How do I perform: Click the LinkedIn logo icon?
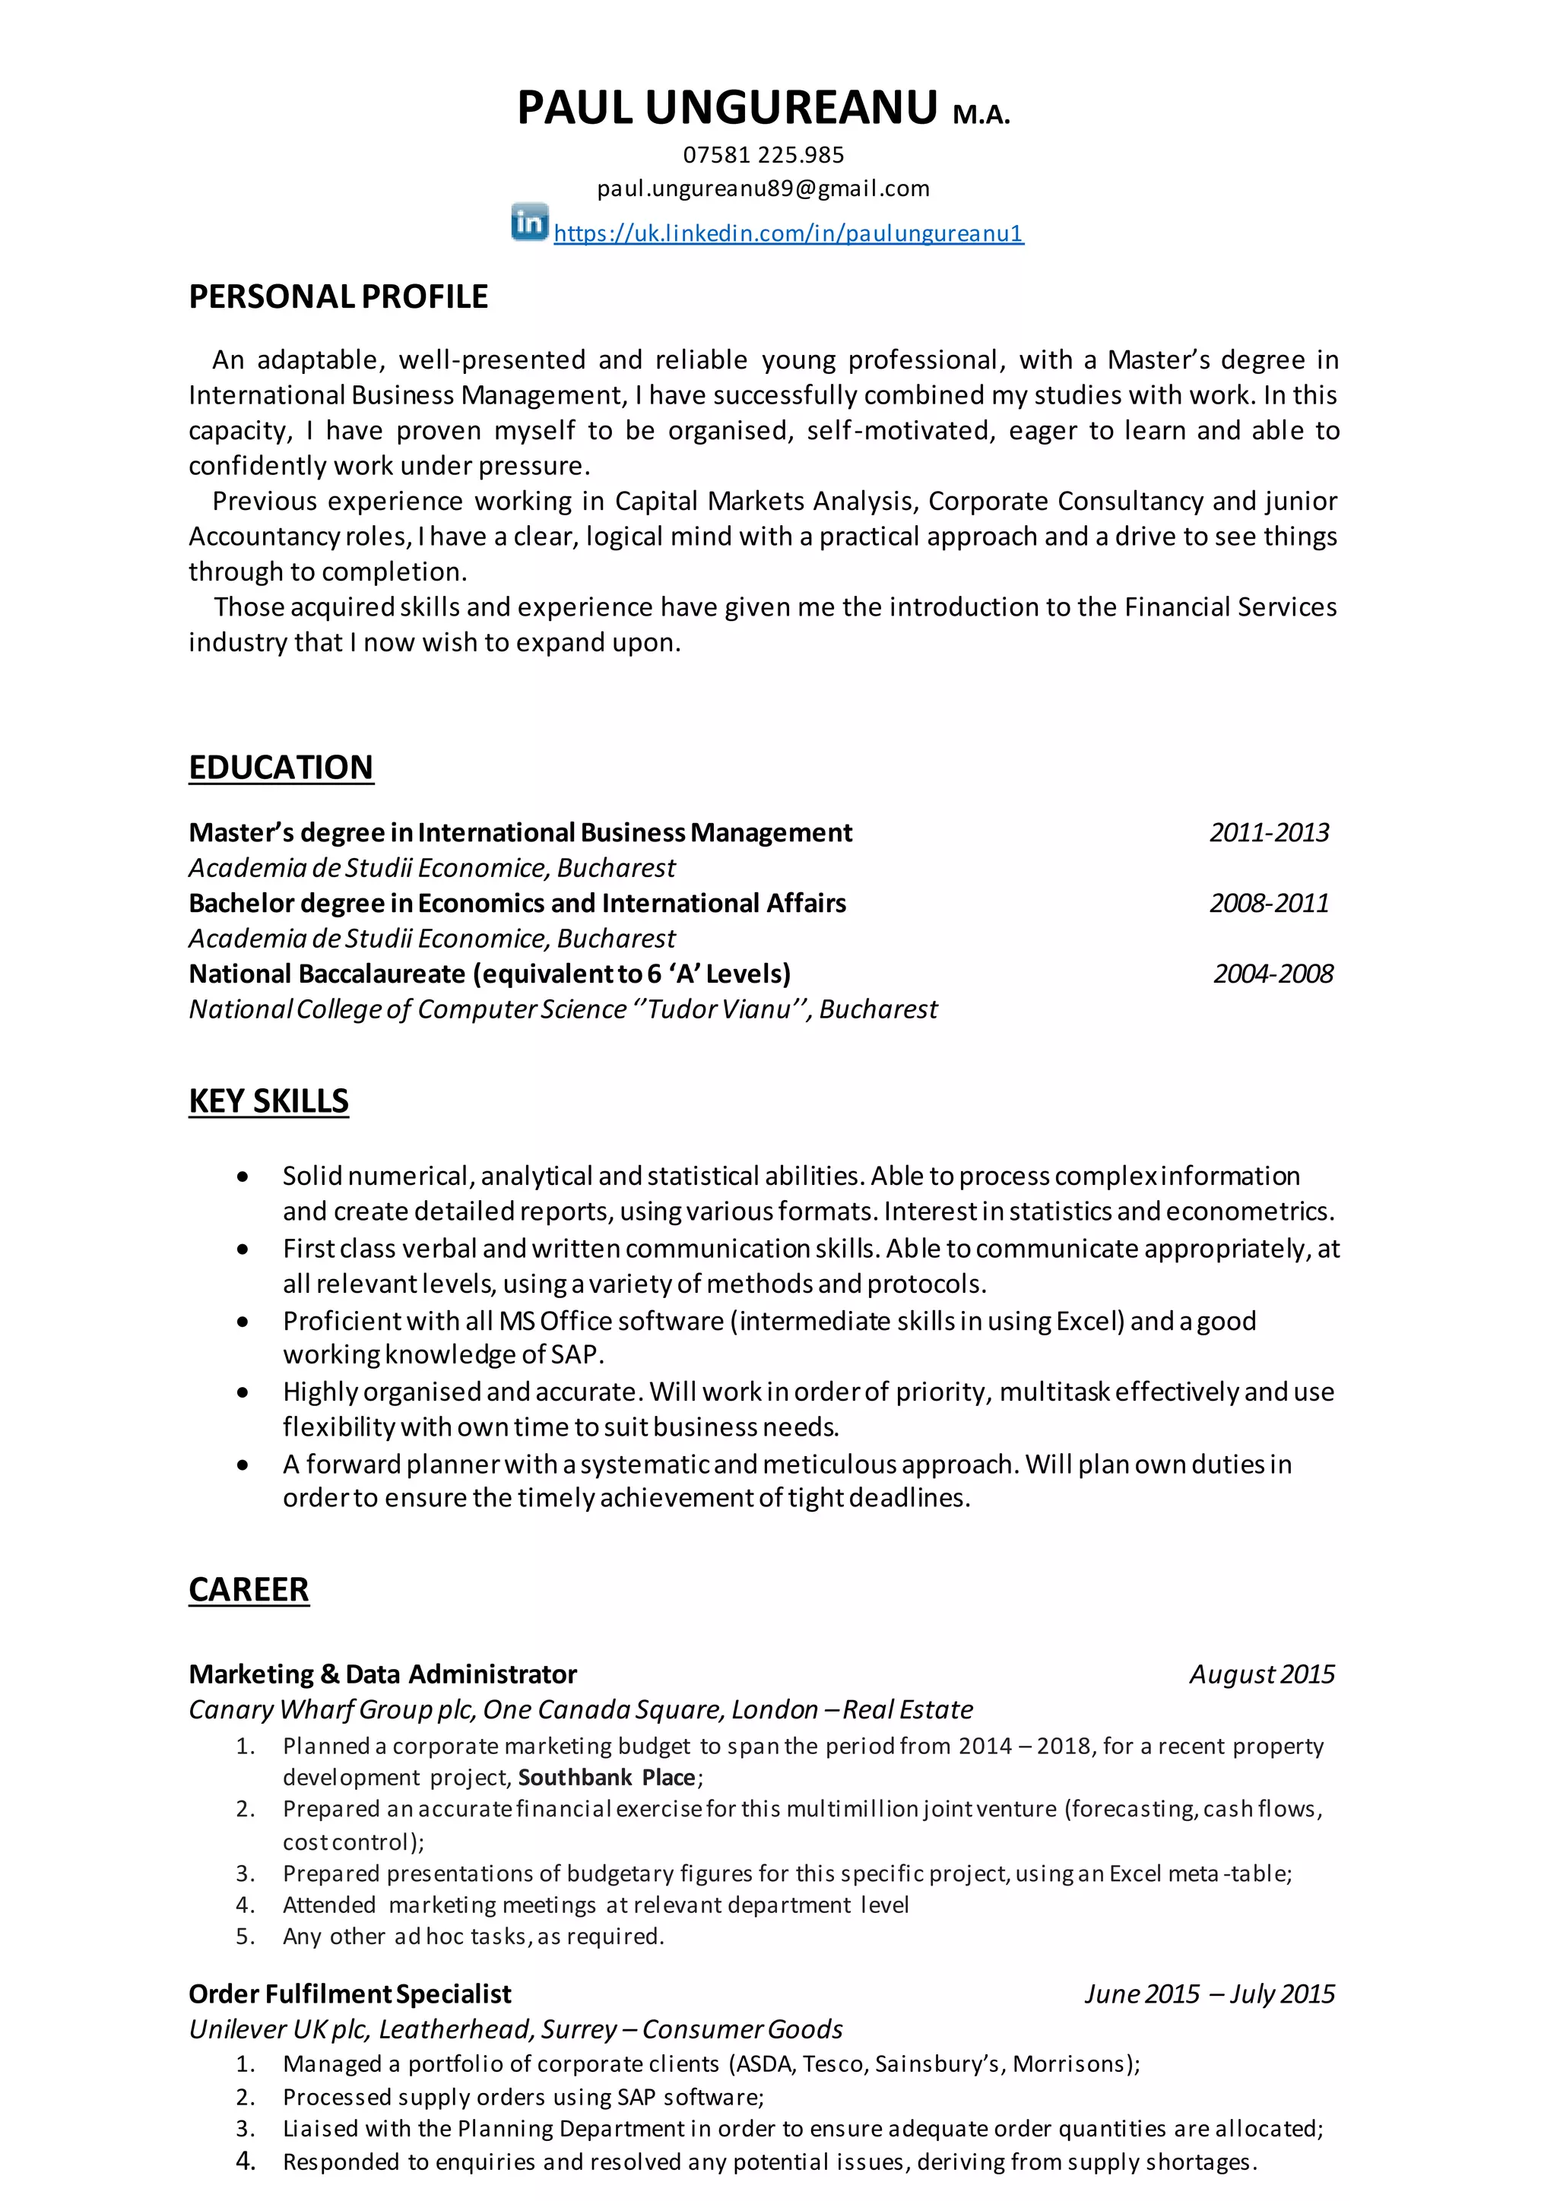(529, 223)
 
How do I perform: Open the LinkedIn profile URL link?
(788, 233)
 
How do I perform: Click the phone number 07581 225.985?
(763, 155)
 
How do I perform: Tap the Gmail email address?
(763, 188)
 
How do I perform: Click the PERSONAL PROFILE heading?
(338, 297)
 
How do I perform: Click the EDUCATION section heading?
(281, 768)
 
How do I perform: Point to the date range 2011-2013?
(1268, 832)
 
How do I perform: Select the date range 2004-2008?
(1272, 974)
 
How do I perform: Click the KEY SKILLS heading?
(268, 1101)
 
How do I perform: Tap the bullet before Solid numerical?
(243, 1177)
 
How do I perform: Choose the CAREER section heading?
(249, 1591)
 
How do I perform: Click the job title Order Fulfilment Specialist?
(350, 1995)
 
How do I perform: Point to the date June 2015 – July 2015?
(1209, 1995)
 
